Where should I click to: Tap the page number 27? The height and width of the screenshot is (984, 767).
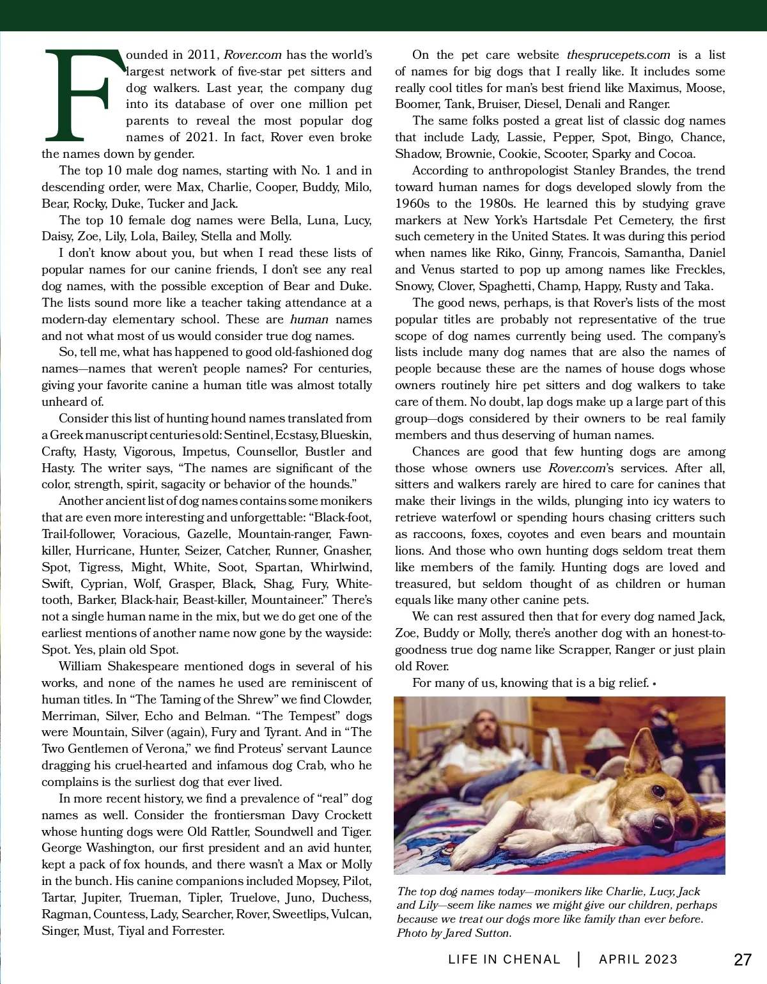pyautogui.click(x=743, y=959)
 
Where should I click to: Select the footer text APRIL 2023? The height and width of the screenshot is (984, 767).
pyautogui.click(x=638, y=959)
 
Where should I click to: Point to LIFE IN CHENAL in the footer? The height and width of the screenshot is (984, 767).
pyautogui.click(x=504, y=959)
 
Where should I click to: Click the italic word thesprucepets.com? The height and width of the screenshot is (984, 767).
pyautogui.click(x=618, y=55)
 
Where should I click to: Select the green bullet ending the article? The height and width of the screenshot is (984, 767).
pyautogui.click(x=655, y=684)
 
